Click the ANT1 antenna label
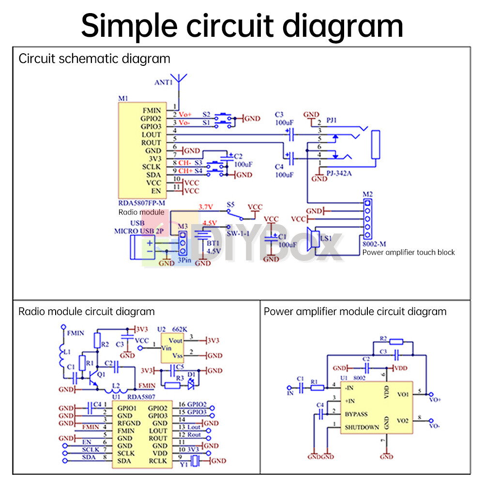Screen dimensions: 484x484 coord(163,83)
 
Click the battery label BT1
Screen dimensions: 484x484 coord(213,242)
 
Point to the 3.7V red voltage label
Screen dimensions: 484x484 coord(206,207)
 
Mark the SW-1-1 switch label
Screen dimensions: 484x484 coord(238,234)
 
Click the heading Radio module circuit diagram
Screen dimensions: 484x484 coord(87,311)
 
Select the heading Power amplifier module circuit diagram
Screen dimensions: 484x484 coord(355,311)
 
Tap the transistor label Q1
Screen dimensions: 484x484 coord(101,375)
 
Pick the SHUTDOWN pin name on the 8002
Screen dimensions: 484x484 coord(362,427)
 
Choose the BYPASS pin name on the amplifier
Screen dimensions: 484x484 coord(356,414)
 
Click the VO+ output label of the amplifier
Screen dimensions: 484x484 coord(435,400)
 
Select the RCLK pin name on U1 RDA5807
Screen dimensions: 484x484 coord(158,461)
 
